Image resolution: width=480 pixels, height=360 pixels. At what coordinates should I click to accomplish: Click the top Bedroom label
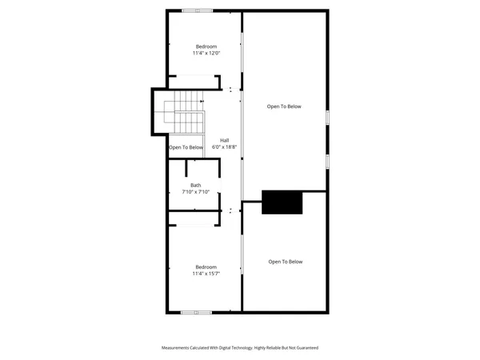(206, 46)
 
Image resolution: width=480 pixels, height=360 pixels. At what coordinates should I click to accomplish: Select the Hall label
(225, 140)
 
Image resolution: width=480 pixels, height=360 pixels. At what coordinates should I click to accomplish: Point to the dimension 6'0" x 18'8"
(225, 147)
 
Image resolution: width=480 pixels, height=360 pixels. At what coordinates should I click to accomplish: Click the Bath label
(195, 185)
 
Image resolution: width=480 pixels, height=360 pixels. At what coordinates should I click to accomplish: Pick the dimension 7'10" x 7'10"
(195, 192)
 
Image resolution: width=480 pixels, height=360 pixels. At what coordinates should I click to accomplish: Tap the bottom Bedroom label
(206, 266)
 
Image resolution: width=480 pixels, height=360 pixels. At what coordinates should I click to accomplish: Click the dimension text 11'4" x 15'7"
(206, 274)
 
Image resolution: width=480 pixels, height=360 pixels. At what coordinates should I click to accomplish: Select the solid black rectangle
(283, 202)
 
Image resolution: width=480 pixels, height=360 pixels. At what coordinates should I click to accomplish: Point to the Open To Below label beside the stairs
(186, 147)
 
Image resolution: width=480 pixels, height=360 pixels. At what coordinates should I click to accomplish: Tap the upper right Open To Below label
(284, 106)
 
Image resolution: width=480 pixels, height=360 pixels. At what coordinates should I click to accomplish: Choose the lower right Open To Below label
(286, 262)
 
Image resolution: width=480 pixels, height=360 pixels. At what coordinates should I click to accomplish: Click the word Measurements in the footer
(179, 348)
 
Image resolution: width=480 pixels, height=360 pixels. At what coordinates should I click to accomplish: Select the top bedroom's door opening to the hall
(230, 88)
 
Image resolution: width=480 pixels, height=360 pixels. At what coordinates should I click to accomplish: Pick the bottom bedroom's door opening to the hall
(230, 210)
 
